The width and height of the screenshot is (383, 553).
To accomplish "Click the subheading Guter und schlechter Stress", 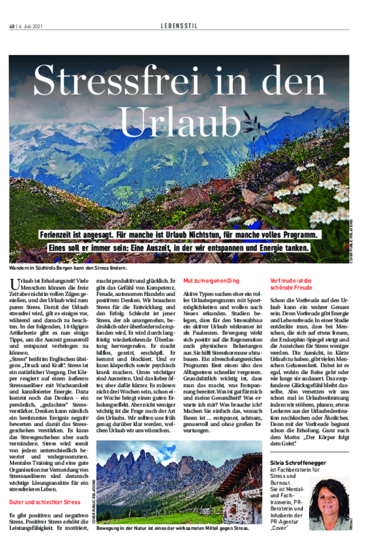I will [x=45, y=502].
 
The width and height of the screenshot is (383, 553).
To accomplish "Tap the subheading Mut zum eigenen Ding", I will [x=211, y=281].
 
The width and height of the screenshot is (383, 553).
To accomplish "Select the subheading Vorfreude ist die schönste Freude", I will [x=291, y=285].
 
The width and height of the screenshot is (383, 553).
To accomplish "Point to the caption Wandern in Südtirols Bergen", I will [x=68, y=268].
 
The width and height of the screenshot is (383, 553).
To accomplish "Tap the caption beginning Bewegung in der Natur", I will [x=172, y=529].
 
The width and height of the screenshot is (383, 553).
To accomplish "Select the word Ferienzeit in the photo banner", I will [x=59, y=235].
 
